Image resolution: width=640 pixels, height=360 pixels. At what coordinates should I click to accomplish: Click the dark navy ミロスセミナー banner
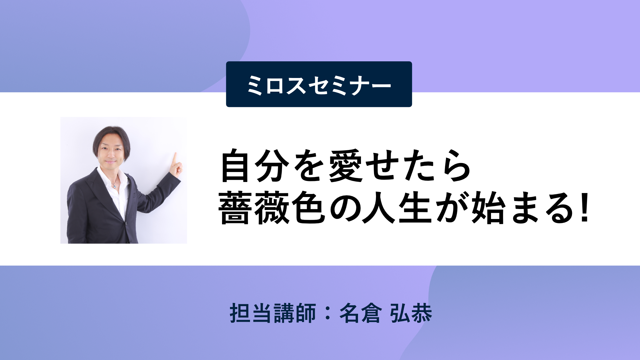pyautogui.click(x=319, y=84)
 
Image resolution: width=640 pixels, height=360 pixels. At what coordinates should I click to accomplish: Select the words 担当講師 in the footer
pyautogui.click(x=273, y=313)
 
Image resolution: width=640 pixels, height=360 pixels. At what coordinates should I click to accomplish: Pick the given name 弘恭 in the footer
pyautogui.click(x=411, y=313)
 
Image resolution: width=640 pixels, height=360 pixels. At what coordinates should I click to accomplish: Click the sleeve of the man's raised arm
pyautogui.click(x=157, y=195)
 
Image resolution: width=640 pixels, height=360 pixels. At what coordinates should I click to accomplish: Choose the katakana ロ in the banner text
pyautogui.click(x=275, y=85)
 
